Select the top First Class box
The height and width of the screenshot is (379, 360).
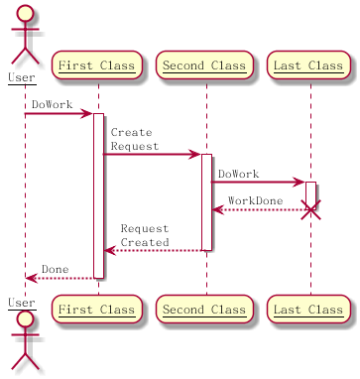97,66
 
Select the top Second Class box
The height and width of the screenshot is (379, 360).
205,66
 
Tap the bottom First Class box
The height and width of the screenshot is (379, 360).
97,310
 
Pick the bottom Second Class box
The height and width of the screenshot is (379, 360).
205,310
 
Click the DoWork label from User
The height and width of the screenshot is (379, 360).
50,104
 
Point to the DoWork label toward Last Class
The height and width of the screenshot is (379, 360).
238,174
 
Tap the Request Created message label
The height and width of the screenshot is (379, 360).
145,235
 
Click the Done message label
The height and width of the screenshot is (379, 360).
56,269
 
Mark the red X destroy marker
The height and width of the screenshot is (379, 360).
310,210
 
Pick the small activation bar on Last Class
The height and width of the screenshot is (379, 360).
310,193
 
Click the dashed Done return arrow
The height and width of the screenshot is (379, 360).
60,279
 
